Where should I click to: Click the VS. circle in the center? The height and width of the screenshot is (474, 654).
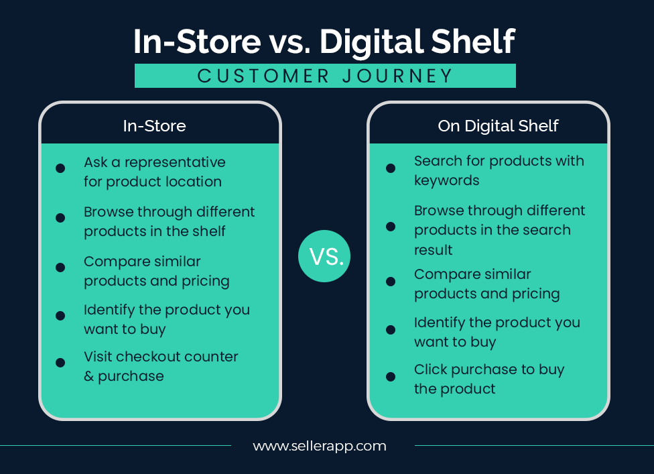[x=326, y=255]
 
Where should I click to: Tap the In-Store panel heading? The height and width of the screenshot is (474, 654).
[x=154, y=125]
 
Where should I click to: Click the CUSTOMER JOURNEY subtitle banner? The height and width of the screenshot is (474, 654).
[x=325, y=76]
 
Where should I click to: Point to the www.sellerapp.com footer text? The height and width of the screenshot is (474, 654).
[x=320, y=445]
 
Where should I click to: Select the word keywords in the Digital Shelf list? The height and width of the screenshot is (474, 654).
[x=446, y=180]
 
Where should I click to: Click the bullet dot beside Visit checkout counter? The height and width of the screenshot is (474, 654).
[x=60, y=363]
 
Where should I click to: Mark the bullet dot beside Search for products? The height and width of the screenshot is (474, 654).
[x=391, y=168]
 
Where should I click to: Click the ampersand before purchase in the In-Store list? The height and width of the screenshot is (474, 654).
[x=89, y=376]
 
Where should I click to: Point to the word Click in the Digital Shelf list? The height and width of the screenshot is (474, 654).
[x=430, y=369]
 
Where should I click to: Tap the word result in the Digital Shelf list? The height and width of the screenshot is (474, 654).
[x=433, y=250]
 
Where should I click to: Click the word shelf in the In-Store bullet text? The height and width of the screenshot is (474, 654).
[x=208, y=231]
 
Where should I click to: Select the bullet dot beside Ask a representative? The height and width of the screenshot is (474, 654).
[x=60, y=168]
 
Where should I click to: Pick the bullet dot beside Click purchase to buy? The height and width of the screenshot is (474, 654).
[x=391, y=377]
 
